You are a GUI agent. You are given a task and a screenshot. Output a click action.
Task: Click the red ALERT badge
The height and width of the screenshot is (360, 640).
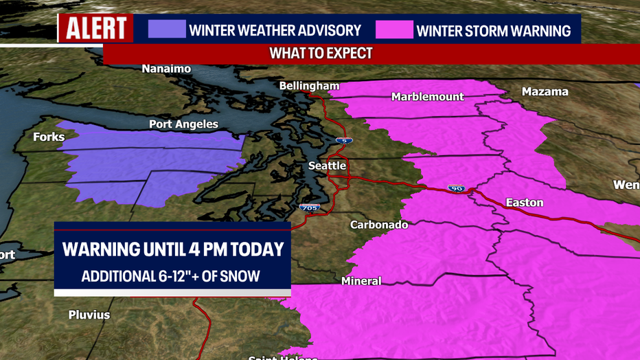pyautogui.click(x=95, y=29)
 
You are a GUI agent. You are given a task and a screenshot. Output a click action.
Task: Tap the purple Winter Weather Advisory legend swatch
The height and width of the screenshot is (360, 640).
pyautogui.click(x=167, y=30)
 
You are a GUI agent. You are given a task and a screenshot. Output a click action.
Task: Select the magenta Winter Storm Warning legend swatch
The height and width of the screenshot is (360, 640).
pyautogui.click(x=394, y=30)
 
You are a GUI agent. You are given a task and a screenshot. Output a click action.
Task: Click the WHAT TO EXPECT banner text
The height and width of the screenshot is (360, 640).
pyautogui.click(x=321, y=54)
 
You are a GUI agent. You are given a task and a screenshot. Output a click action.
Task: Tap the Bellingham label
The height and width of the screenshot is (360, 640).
pyautogui.click(x=309, y=86)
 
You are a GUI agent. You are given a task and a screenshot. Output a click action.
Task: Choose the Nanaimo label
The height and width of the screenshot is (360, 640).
pyautogui.click(x=166, y=69)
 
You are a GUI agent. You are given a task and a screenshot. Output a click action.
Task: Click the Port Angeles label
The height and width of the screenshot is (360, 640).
pyautogui.click(x=183, y=124)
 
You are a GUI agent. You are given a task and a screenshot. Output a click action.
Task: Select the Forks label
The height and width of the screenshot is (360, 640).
pyautogui.click(x=49, y=137)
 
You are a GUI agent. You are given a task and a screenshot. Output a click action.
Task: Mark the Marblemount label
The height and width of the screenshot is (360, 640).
pyautogui.click(x=427, y=97)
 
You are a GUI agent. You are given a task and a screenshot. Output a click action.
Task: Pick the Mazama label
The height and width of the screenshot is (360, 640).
pyautogui.click(x=545, y=91)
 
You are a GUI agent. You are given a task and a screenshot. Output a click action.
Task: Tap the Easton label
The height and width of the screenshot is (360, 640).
pyautogui.click(x=524, y=202)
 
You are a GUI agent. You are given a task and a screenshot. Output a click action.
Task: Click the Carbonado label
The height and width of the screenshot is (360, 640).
pyautogui.click(x=379, y=225)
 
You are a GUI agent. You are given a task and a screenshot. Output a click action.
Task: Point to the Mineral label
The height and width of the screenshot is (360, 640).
pyautogui.click(x=361, y=281)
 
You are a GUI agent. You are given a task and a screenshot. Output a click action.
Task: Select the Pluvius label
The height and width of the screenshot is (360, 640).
pyautogui.click(x=89, y=315)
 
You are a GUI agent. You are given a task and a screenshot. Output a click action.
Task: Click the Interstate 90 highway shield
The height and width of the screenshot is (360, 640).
pyautogui.click(x=456, y=188)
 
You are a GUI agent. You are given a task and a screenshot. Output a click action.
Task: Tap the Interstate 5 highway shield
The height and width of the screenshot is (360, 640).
pyautogui.click(x=343, y=140)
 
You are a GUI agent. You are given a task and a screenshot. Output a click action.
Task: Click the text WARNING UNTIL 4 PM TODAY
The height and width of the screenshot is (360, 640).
pyautogui.click(x=172, y=249)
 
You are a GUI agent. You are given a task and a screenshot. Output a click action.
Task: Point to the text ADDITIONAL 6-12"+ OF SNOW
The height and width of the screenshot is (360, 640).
pyautogui.click(x=171, y=275)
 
